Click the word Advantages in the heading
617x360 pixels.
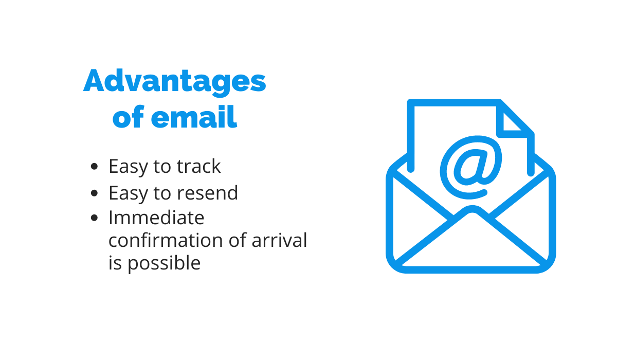point(175,82)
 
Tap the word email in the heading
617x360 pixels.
point(194,117)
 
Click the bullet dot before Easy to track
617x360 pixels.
point(94,166)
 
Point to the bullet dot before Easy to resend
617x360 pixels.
point(94,193)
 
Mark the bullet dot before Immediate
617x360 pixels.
point(94,218)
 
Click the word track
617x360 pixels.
point(198,166)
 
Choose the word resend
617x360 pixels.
point(207,193)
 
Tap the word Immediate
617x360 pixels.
point(156,218)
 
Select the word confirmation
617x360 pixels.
point(166,240)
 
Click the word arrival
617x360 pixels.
point(279,240)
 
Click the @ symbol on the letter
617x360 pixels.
point(471,167)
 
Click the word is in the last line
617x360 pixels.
point(115,262)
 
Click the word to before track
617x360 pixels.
point(162,167)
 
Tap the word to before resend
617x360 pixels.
point(162,193)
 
